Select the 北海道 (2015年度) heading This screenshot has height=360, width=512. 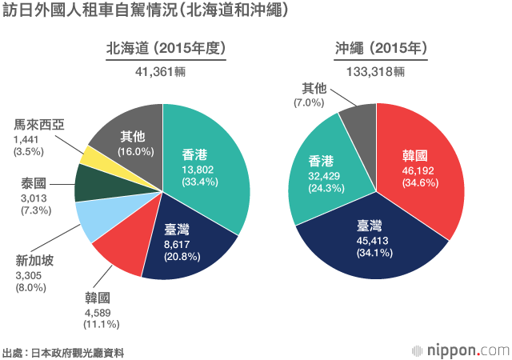pyautogui.click(x=163, y=50)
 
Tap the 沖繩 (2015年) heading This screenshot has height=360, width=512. pyautogui.click(x=379, y=50)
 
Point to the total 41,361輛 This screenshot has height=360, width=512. pyautogui.click(x=163, y=71)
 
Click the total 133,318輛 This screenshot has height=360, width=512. pyautogui.click(x=376, y=71)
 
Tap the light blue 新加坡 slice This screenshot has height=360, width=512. pyautogui.click(x=96, y=219)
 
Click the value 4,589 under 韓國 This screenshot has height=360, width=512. pyautogui.click(x=100, y=311)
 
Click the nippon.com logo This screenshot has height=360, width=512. pyautogui.click(x=460, y=350)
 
